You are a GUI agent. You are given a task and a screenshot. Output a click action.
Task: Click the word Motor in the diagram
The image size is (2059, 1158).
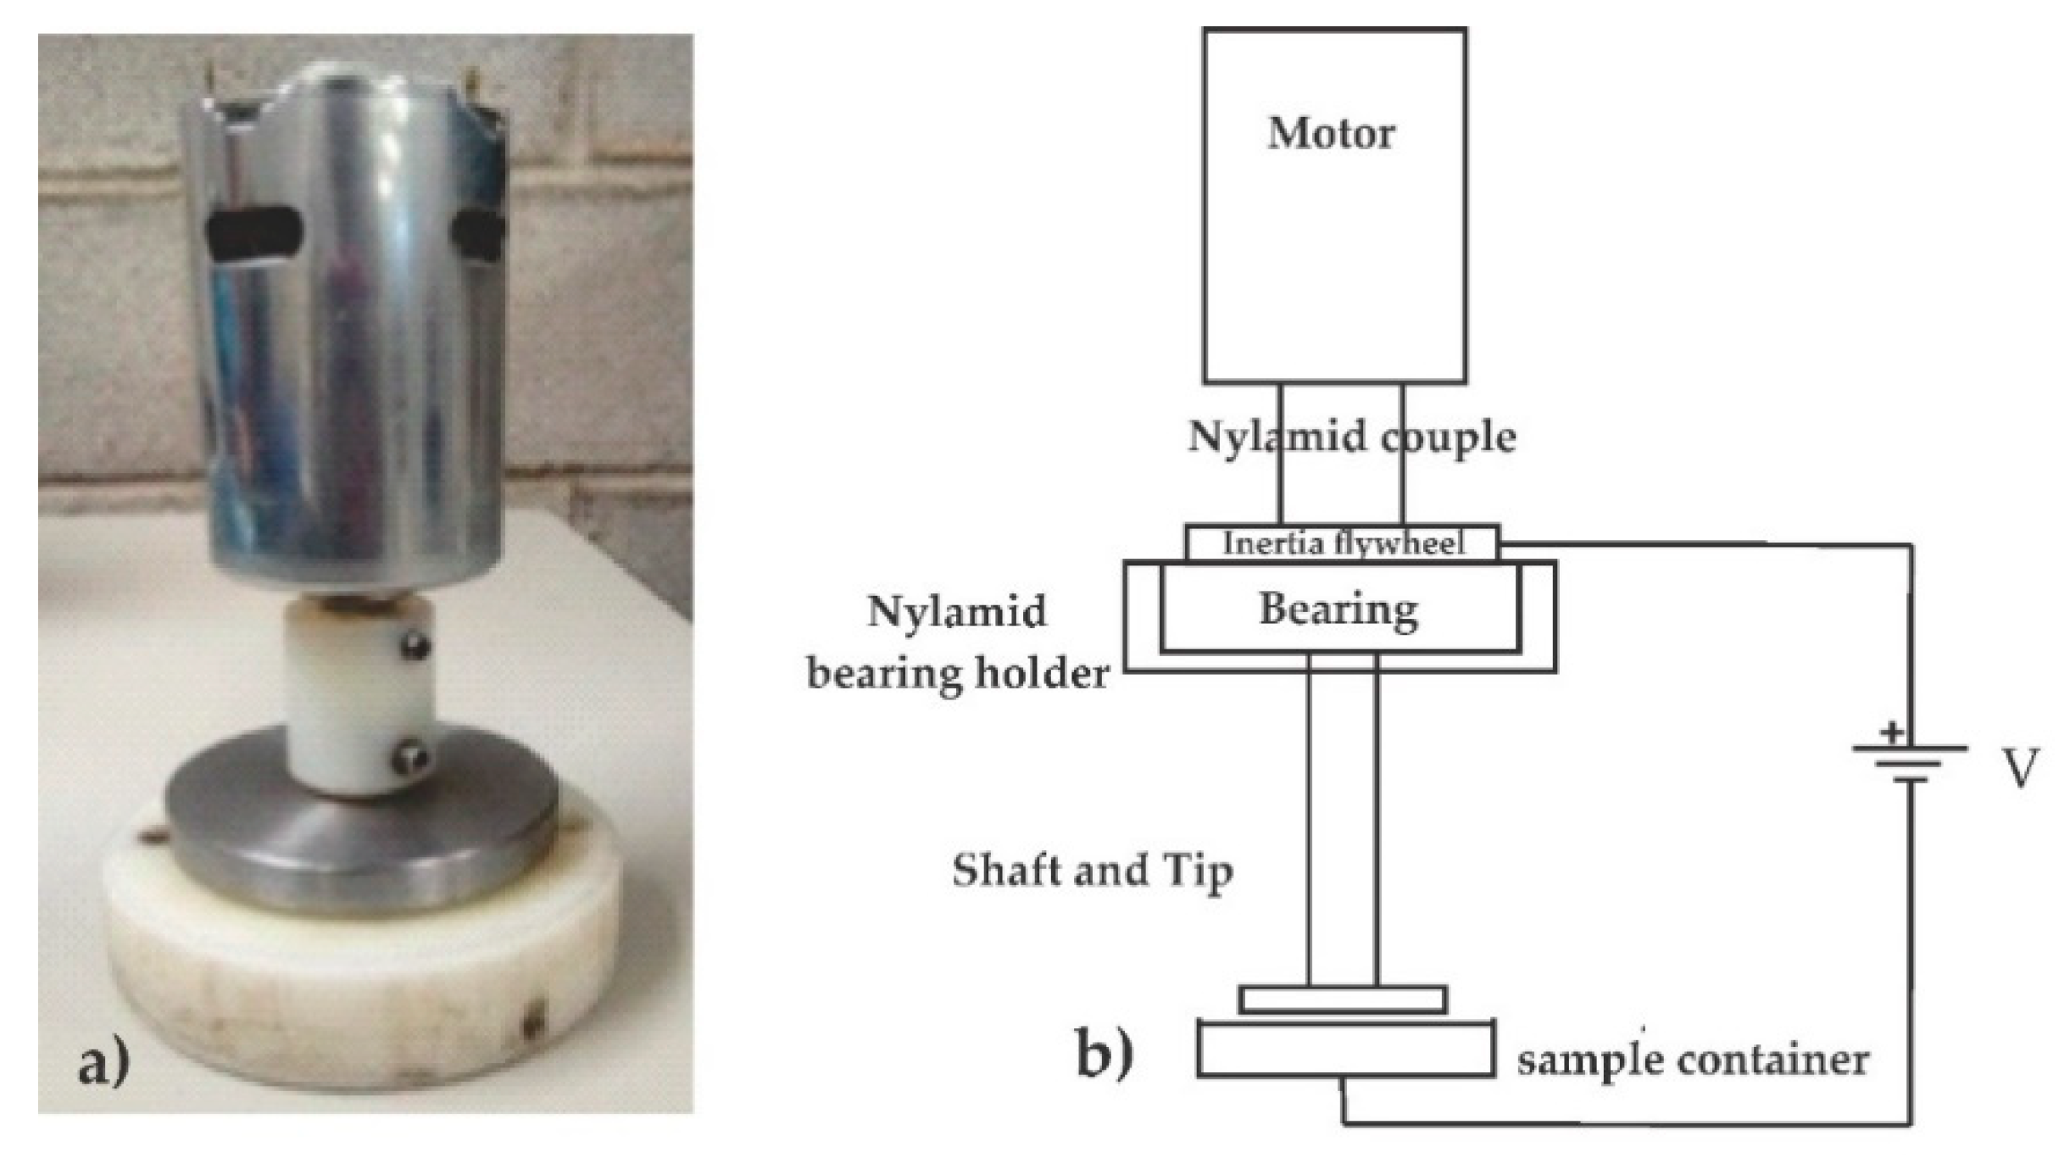pyautogui.click(x=1331, y=134)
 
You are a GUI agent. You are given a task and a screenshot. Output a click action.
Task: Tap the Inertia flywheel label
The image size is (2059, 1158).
pyautogui.click(x=1343, y=543)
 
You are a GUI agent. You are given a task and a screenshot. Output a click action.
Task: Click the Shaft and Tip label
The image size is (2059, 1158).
pyautogui.click(x=1092, y=871)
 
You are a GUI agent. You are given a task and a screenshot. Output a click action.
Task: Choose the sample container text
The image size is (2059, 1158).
pyautogui.click(x=1692, y=1060)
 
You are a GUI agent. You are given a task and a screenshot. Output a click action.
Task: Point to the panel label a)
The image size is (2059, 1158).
pyautogui.click(x=103, y=1064)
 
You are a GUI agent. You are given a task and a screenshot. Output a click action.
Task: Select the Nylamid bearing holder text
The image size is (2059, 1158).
pyautogui.click(x=958, y=643)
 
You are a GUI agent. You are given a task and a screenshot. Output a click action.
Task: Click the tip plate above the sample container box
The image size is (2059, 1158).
pyautogui.click(x=1343, y=999)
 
